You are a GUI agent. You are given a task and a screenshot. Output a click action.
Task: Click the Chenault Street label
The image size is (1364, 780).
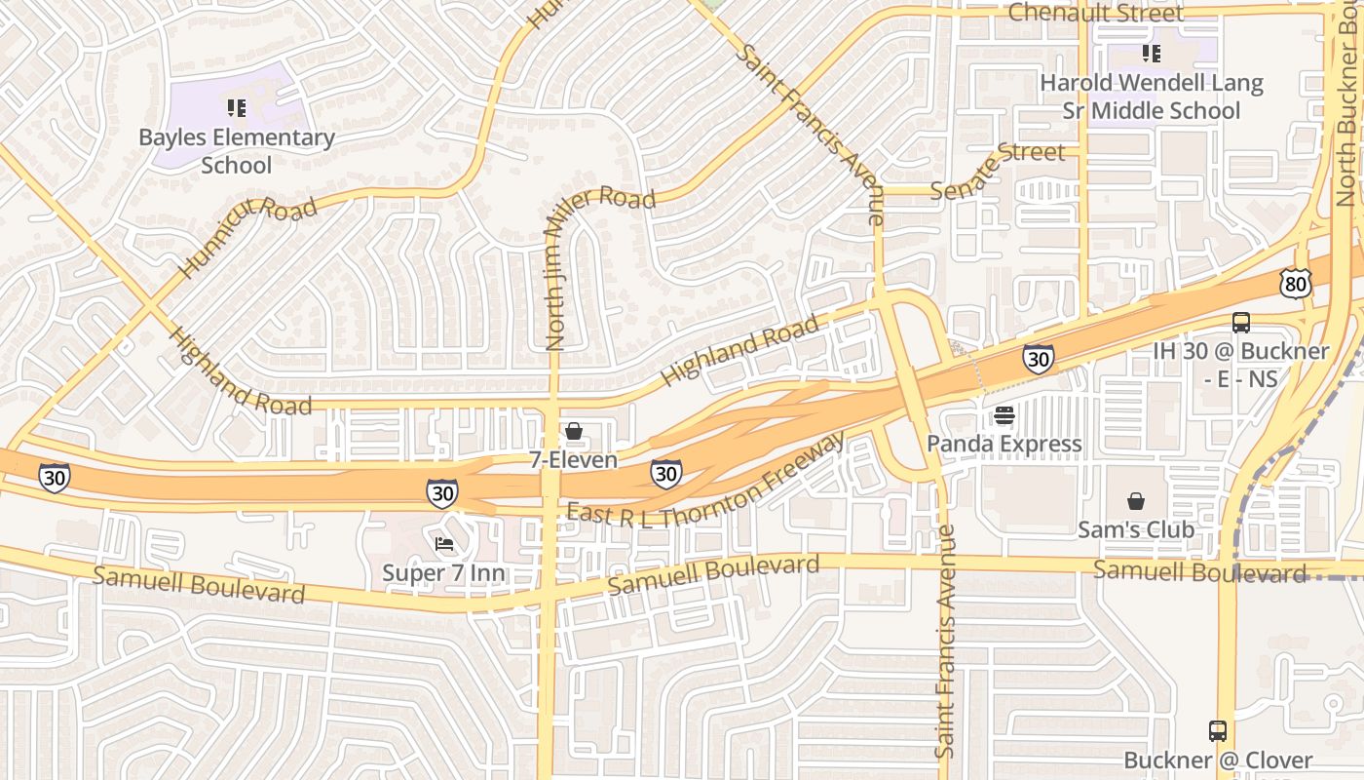coord(1095,13)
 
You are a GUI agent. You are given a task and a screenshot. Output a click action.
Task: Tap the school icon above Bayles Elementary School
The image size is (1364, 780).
coord(236,107)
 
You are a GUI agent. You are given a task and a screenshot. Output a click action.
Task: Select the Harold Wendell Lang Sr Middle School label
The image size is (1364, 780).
coord(1151,97)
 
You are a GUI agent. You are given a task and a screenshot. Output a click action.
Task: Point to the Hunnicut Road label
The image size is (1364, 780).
coord(247,236)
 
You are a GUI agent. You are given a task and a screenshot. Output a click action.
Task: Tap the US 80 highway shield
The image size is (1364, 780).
coord(1296,283)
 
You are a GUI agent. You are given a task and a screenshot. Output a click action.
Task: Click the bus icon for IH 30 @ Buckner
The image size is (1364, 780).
coord(1240,323)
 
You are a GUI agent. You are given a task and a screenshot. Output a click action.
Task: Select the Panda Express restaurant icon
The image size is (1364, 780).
coord(1004,416)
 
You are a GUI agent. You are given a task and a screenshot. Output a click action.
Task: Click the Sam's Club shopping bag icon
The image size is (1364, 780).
coord(1135,502)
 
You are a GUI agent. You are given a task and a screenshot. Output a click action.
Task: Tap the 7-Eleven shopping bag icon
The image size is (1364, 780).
coord(573,431)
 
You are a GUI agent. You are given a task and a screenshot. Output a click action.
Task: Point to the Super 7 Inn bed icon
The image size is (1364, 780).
coord(444,543)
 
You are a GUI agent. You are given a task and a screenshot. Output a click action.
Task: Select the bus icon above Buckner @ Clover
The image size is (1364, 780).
coord(1217,730)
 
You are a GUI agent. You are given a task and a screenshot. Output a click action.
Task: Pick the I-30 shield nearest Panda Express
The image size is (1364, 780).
coord(1038,359)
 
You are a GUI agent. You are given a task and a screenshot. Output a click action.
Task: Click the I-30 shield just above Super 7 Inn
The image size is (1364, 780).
coord(442,493)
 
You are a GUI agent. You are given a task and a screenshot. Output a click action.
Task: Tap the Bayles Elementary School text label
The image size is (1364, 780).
coord(237,151)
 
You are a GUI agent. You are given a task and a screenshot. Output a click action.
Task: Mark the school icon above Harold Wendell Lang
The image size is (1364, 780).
coord(1151,54)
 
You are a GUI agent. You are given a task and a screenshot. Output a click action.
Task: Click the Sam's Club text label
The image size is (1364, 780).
coord(1135,530)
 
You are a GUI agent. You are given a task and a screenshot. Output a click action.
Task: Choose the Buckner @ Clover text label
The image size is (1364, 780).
coord(1218,760)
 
